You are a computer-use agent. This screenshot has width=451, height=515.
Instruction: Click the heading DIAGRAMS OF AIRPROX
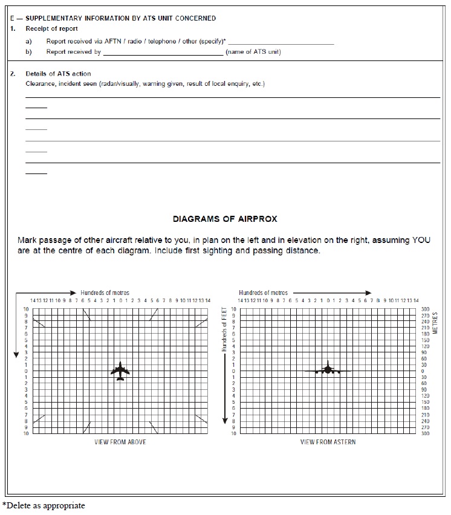225,219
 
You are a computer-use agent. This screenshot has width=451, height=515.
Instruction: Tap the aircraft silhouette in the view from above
120,371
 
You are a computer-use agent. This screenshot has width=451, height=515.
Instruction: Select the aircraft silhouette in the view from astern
327,369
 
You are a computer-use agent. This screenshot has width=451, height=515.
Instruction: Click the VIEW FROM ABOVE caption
120,442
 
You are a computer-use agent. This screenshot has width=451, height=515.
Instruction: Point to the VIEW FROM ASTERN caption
328,442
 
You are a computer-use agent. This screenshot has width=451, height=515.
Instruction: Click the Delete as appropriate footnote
44,505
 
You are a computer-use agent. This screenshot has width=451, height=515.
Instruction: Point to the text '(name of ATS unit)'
253,52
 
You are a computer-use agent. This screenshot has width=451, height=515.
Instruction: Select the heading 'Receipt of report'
51,28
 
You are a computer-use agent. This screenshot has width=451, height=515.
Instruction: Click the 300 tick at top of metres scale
425,309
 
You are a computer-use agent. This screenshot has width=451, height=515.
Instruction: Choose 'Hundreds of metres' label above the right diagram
263,293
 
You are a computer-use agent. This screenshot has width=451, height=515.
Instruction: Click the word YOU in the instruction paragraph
421,240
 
